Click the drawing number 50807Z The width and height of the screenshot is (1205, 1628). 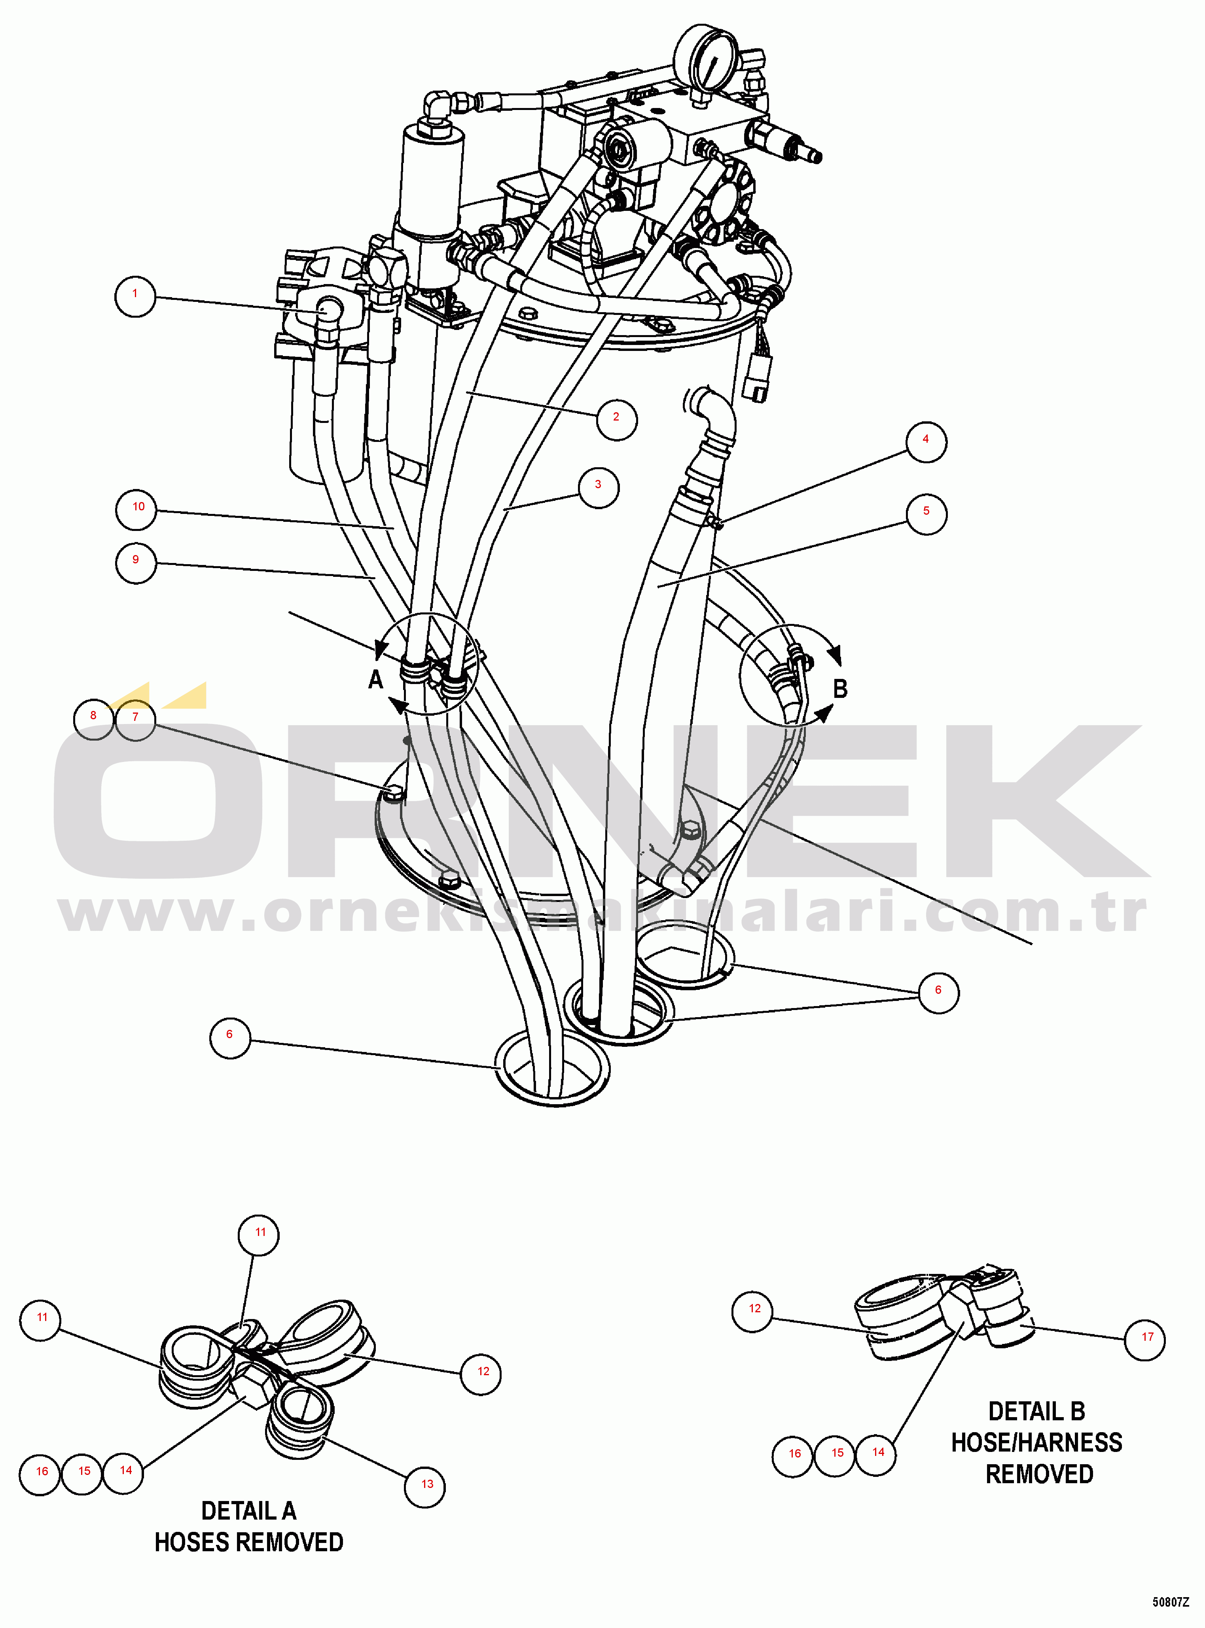click(1170, 1602)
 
